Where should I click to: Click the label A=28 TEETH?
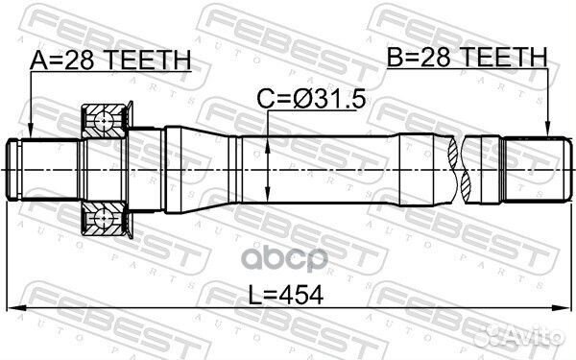(x=110, y=60)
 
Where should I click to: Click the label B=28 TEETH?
(x=468, y=57)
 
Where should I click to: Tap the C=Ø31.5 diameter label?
(x=311, y=99)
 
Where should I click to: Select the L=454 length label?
(x=286, y=295)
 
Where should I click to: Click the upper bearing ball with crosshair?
(x=104, y=121)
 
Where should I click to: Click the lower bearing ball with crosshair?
(x=104, y=218)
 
